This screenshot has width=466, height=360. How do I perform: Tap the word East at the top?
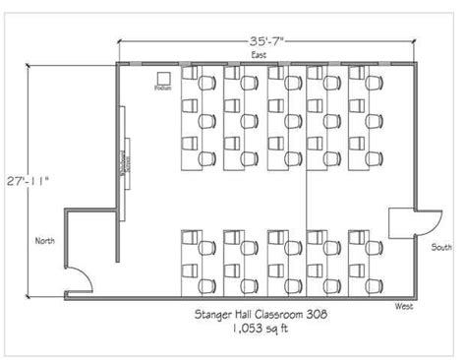[258, 56]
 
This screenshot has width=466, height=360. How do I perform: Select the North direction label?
[44, 240]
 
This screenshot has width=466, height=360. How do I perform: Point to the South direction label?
[441, 247]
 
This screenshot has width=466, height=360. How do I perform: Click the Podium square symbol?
[163, 77]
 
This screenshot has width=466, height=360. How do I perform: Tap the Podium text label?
[163, 89]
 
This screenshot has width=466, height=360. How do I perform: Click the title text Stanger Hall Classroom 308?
[260, 314]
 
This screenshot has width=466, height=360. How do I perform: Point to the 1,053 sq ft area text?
[260, 330]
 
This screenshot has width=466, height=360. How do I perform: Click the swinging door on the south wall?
[403, 224]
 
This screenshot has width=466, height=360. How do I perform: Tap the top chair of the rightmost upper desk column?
[375, 86]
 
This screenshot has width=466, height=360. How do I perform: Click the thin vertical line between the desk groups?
[307, 197]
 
